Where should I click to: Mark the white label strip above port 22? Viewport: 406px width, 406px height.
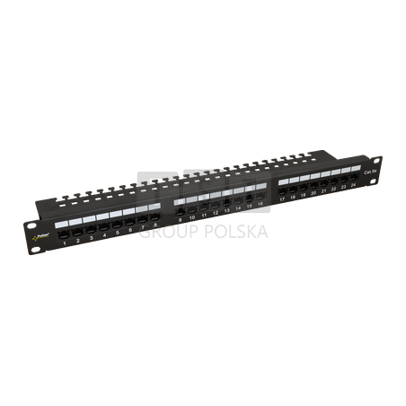[x=332, y=168]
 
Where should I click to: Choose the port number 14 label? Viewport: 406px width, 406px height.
[x=238, y=209]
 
